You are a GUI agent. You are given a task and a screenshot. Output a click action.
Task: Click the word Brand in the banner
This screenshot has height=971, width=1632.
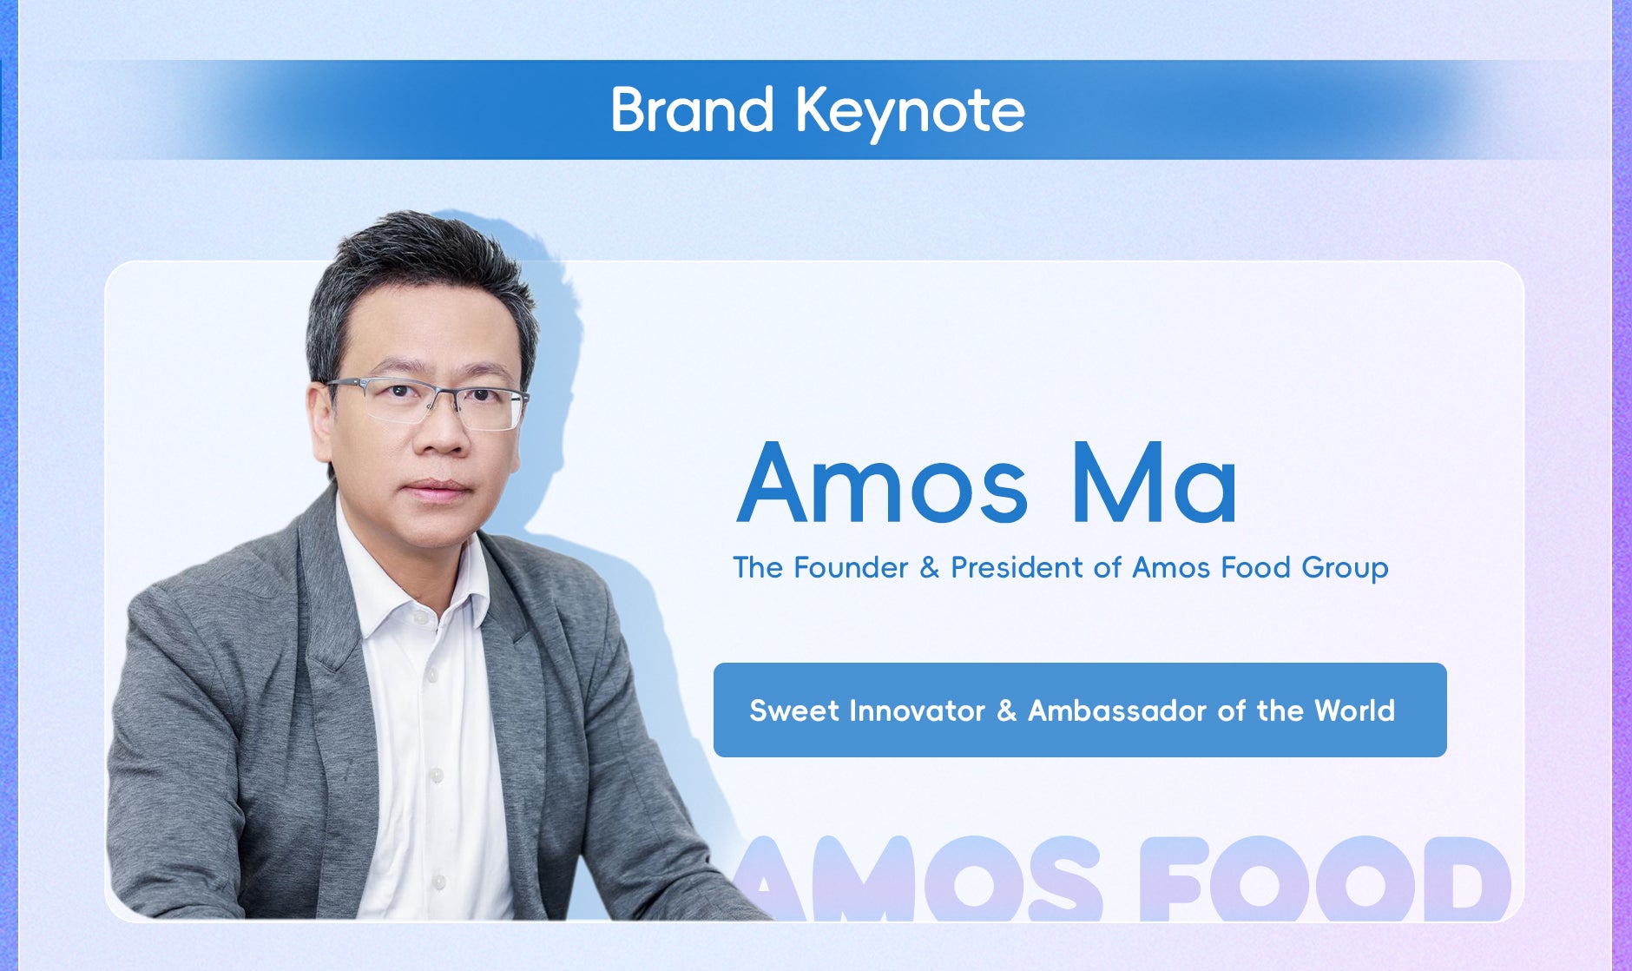692,109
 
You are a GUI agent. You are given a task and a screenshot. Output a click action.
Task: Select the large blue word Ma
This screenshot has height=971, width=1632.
1155,484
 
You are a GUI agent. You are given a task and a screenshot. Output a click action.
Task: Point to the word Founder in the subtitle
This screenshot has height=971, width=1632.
851,567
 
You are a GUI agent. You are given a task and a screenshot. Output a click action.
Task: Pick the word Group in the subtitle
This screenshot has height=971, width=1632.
1345,569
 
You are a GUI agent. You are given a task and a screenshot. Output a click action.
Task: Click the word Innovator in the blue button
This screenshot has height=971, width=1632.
917,710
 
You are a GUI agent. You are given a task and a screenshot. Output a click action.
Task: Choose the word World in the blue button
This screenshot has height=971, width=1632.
1354,710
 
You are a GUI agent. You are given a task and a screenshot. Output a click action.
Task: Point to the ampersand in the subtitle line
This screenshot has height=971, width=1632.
930,568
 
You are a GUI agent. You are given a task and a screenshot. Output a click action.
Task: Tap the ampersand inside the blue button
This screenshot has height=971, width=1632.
1007,711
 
